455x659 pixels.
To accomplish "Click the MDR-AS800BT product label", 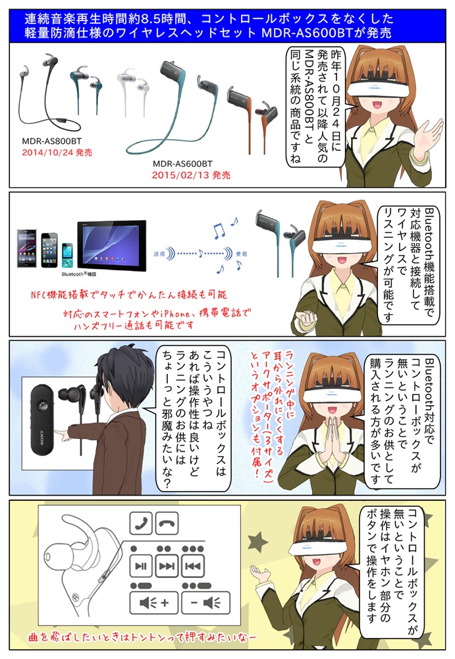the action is point(51,141).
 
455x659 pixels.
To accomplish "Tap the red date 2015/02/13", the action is point(180,175).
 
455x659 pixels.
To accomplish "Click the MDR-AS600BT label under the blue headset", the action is point(182,164).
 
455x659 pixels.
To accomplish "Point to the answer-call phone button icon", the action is point(141,524).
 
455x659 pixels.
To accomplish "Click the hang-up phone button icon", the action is point(167,524).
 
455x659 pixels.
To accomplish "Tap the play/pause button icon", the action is point(141,566).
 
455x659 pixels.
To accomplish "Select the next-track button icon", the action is point(167,566).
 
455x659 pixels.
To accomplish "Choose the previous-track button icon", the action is point(193,566).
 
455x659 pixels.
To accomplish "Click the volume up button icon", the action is point(154,603).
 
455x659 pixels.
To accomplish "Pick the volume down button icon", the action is point(206,603).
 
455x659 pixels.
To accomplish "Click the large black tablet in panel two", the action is point(112,245).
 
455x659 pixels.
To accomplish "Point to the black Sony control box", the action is point(43,419).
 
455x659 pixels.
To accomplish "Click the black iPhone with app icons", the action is point(49,250).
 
